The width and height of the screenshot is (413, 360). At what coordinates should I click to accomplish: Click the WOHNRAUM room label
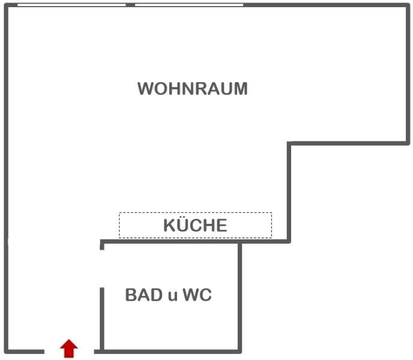point(192,89)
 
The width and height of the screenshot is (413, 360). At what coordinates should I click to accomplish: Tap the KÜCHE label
point(195,226)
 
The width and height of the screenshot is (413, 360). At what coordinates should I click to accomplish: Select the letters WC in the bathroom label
point(197,295)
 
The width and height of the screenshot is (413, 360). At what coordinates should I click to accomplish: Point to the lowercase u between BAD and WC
point(172,296)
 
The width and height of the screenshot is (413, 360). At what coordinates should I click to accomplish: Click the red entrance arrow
point(69,348)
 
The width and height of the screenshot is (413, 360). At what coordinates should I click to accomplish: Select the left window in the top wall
point(71,5)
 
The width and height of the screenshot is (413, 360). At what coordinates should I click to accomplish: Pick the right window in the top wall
point(188,5)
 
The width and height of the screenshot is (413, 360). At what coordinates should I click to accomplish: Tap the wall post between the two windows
point(130,5)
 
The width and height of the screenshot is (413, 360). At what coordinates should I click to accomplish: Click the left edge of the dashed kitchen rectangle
point(119,225)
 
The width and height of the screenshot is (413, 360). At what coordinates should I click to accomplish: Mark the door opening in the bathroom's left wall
point(101,268)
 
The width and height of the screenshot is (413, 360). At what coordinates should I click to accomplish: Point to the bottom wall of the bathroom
point(171,350)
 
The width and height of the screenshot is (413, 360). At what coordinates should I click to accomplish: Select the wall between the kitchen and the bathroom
point(171,242)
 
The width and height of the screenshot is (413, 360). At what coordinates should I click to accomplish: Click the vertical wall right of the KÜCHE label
point(289,192)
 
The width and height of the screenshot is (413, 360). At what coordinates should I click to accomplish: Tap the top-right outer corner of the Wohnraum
point(408,5)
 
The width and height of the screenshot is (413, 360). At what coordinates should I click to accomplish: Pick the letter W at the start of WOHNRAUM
point(145,89)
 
